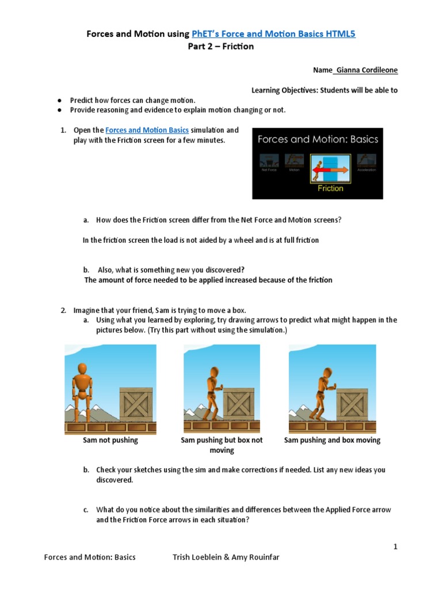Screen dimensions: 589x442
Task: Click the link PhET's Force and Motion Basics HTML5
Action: click(x=273, y=34)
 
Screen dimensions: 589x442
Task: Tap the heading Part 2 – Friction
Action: click(x=221, y=47)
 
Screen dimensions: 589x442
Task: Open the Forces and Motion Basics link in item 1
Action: click(x=147, y=131)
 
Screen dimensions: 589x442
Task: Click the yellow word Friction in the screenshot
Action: click(x=330, y=188)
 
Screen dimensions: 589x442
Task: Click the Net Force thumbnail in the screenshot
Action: click(x=265, y=163)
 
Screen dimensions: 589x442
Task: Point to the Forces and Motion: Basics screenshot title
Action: click(x=318, y=139)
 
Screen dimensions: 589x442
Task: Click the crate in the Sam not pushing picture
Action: click(x=136, y=405)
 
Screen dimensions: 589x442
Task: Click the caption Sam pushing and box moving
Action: click(x=332, y=440)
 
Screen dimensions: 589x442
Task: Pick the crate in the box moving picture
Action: click(x=352, y=405)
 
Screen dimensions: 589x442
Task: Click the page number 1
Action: click(x=395, y=546)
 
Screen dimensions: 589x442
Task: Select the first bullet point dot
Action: click(x=60, y=100)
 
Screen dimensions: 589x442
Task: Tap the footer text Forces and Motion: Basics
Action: click(x=90, y=557)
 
